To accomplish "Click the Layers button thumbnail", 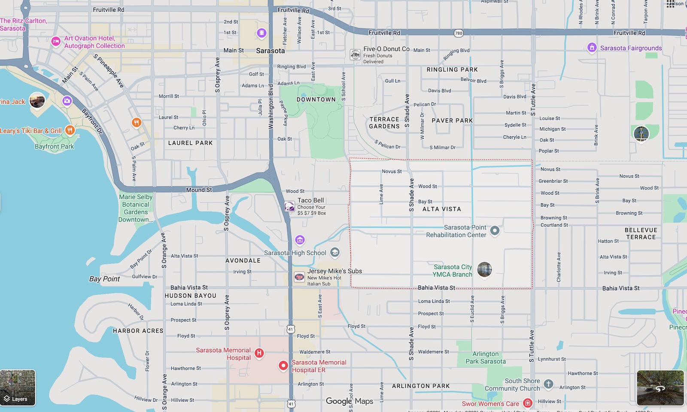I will [x=18, y=388].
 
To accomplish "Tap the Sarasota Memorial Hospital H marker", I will [x=259, y=353].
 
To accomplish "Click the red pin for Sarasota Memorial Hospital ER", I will [x=283, y=366].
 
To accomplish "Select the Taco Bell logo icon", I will [x=290, y=207].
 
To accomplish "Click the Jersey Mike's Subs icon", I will [x=299, y=277].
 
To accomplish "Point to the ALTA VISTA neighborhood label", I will [x=441, y=209].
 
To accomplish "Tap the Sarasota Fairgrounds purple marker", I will [x=592, y=48].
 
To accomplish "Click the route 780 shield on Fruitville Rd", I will [x=459, y=33].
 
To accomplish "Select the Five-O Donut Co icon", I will [x=355, y=55].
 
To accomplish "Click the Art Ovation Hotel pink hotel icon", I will [x=55, y=41].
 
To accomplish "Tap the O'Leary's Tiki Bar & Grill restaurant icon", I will [x=70, y=130].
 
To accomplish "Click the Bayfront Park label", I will [x=55, y=146].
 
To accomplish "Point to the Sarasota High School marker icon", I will [x=335, y=253].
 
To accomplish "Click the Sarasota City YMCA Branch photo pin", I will [x=484, y=270].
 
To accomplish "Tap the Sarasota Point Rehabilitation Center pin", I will [x=495, y=231].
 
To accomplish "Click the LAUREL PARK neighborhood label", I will [x=190, y=143].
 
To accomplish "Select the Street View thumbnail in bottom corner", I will [x=660, y=388].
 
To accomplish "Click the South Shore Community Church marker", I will [x=548, y=384].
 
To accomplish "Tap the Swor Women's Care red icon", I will [x=528, y=403].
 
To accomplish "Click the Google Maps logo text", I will [x=350, y=401].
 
